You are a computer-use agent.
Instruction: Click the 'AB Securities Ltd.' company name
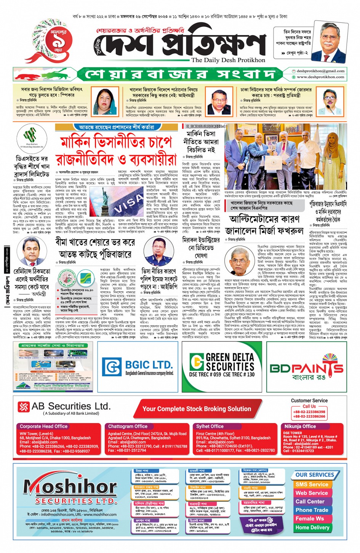point(71,406)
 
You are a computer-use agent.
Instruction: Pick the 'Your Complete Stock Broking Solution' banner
point(197,409)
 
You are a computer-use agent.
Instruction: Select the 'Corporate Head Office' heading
point(43,427)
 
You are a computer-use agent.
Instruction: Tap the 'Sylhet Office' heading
point(210,427)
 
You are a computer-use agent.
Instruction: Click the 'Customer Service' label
point(309,401)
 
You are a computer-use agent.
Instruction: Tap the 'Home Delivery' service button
point(312,527)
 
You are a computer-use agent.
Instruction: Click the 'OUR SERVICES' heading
point(314,475)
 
